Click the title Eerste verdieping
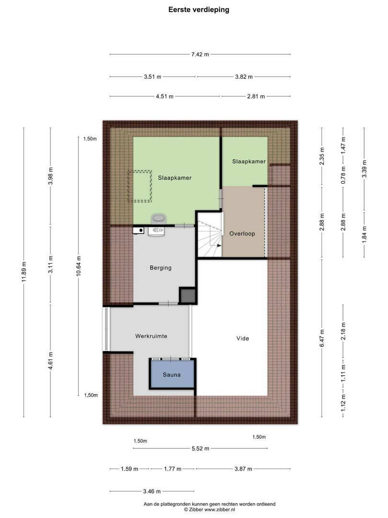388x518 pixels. click(x=198, y=10)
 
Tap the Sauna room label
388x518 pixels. click(x=171, y=375)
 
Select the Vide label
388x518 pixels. click(x=243, y=339)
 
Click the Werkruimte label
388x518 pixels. click(x=151, y=336)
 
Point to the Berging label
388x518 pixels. click(x=160, y=268)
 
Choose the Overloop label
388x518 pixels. click(x=242, y=234)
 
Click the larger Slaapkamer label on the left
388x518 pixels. click(x=175, y=177)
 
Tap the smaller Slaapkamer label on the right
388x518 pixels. click(x=249, y=162)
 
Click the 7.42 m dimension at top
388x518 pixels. click(x=200, y=55)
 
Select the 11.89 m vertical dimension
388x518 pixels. click(x=24, y=272)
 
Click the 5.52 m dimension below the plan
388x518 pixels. click(x=200, y=449)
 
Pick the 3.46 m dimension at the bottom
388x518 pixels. click(x=151, y=491)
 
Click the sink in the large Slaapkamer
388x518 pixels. click(x=158, y=219)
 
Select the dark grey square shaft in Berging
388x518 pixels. click(x=187, y=295)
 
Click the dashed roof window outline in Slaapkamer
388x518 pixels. click(x=140, y=186)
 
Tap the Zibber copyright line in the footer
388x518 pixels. click(x=209, y=510)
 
